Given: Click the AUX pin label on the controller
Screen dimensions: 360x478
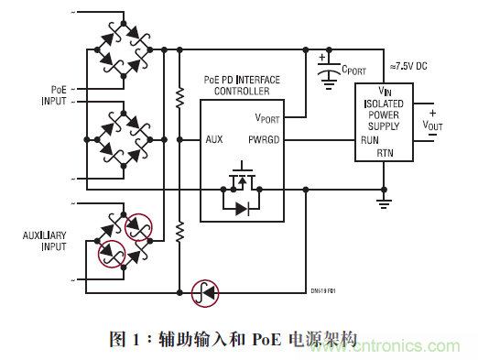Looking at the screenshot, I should pyautogui.click(x=215, y=140).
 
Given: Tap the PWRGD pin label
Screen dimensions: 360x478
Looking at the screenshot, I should pyautogui.click(x=263, y=140).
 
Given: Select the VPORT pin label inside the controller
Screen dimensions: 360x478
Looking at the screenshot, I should pyautogui.click(x=267, y=117).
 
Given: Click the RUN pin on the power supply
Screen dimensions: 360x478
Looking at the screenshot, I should pyautogui.click(x=369, y=140).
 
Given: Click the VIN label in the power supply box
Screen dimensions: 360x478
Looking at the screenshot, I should pyautogui.click(x=385, y=90).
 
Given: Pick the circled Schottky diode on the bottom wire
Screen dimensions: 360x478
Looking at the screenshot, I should pyautogui.click(x=204, y=293).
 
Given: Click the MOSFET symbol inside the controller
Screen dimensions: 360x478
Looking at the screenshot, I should pyautogui.click(x=241, y=177).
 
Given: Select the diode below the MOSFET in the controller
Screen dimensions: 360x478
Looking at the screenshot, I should pyautogui.click(x=241, y=209).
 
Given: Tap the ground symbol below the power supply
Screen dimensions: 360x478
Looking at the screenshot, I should pyautogui.click(x=385, y=202).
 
